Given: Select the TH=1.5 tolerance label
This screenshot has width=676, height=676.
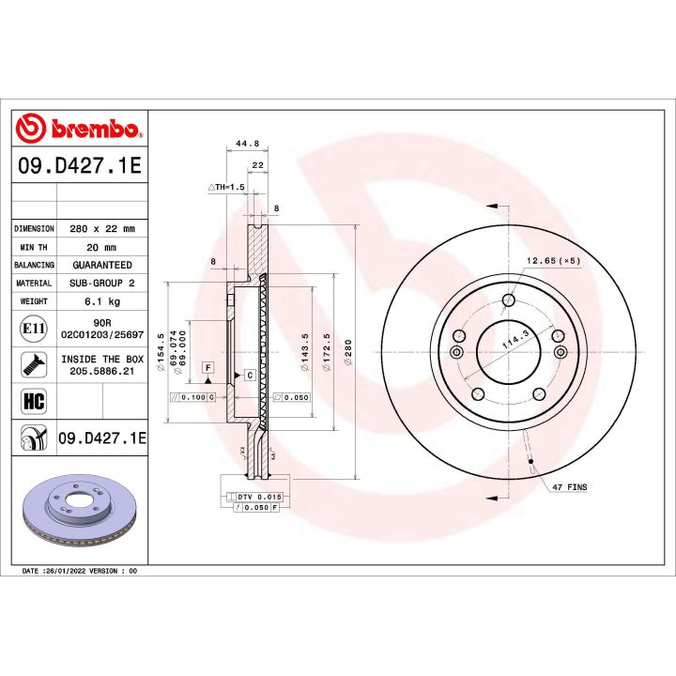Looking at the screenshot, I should [x=225, y=188].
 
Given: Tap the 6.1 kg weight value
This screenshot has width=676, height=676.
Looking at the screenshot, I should [x=102, y=301].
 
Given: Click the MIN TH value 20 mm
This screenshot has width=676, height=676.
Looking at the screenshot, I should [x=102, y=247].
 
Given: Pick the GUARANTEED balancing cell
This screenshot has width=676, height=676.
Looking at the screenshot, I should [x=102, y=265].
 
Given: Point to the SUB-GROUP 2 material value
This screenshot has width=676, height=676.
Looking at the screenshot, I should [x=102, y=283].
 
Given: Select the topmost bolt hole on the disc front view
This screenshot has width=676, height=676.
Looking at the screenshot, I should [x=508, y=300].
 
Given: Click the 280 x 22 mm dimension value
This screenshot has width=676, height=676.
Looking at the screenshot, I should [x=102, y=228].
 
